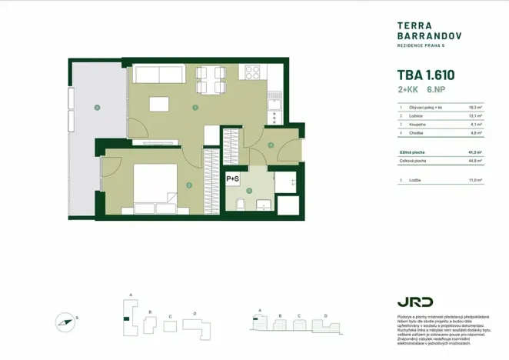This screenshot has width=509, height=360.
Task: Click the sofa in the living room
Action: (x=158, y=75)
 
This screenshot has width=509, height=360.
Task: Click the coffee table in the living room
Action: (x=159, y=104)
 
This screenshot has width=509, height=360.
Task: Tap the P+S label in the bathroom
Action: (x=233, y=178)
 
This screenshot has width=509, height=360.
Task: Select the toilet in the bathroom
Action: (x=241, y=205)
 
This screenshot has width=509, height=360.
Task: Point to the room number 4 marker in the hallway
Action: (x=271, y=145)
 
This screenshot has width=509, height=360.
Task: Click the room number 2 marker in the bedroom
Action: (x=189, y=185)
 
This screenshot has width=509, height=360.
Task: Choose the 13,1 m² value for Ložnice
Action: (x=475, y=116)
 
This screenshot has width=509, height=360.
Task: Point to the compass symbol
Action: (x=66, y=321)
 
